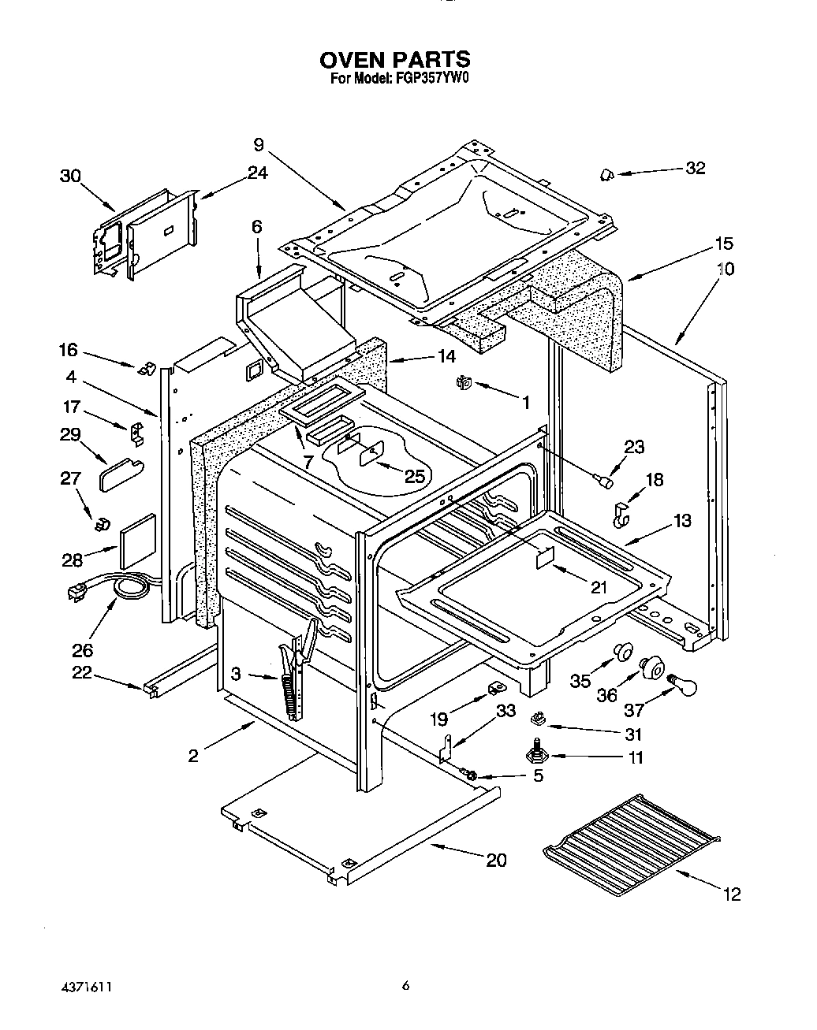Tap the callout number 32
(x=695, y=168)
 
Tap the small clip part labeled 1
(x=463, y=383)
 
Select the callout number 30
(x=71, y=177)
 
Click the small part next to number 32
(x=609, y=174)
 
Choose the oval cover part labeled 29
(x=120, y=475)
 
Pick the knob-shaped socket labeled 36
(x=651, y=668)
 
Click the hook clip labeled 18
(x=622, y=515)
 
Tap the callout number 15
(x=724, y=243)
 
